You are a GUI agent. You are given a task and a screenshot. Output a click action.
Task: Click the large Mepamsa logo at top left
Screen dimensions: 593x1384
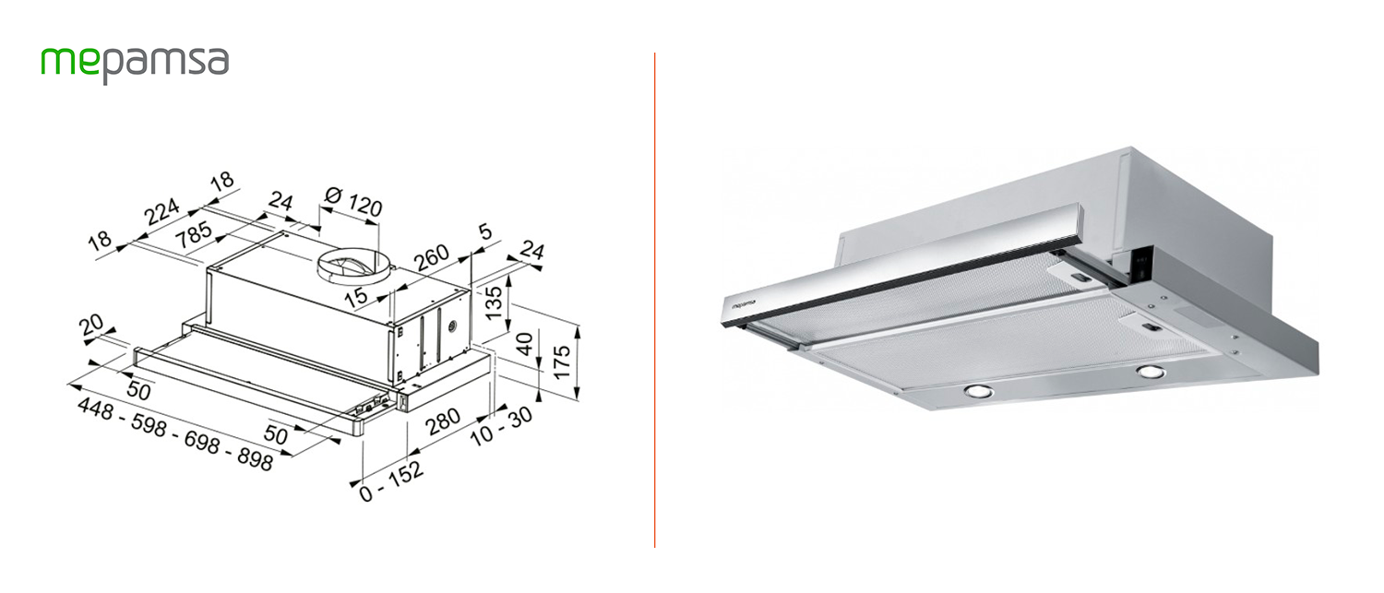135,64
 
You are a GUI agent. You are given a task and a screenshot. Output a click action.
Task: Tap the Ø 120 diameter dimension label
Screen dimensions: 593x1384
354,202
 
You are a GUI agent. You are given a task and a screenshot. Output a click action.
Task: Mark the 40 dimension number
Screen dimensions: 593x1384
525,347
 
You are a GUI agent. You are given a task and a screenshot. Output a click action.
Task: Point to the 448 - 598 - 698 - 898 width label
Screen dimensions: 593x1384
175,434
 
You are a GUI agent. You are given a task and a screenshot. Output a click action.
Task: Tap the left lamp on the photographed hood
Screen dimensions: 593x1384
975,391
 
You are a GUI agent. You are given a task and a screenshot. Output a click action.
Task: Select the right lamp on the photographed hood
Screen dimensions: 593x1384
1150,372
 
